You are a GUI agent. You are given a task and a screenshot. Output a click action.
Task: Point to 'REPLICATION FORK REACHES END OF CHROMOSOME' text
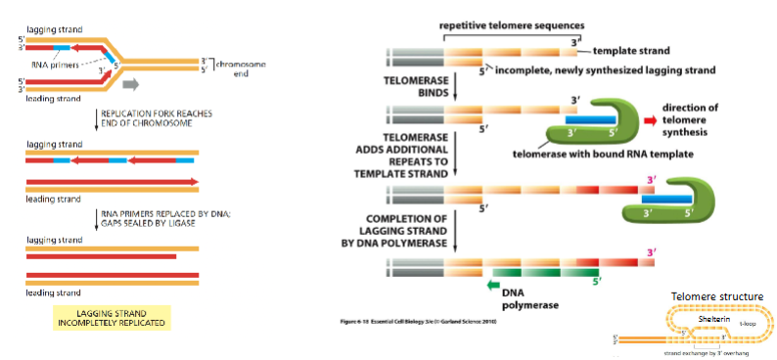click(157, 118)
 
